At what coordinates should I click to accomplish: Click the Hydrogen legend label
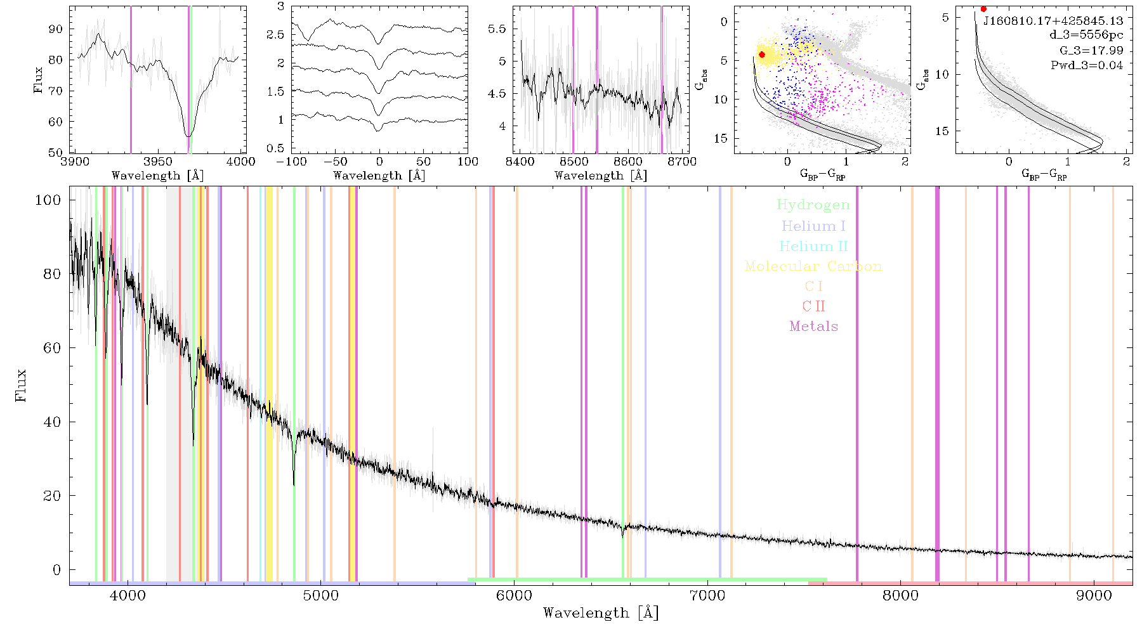pyautogui.click(x=813, y=205)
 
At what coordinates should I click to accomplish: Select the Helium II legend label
pyautogui.click(x=813, y=246)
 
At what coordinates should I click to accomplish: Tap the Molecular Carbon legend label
pyautogui.click(x=813, y=266)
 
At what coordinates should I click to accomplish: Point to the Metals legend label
pyautogui.click(x=814, y=327)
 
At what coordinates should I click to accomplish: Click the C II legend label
pyautogui.click(x=814, y=306)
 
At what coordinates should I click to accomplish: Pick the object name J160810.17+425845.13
pyautogui.click(x=1053, y=21)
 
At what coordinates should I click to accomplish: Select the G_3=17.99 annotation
pyautogui.click(x=1091, y=50)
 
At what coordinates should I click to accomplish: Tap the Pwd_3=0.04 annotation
pyautogui.click(x=1087, y=65)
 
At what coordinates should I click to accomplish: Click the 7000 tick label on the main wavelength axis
pyautogui.click(x=707, y=595)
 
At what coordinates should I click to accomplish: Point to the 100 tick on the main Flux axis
pyautogui.click(x=48, y=200)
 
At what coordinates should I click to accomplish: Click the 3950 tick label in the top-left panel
pyautogui.click(x=158, y=162)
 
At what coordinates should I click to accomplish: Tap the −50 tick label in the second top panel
pyautogui.click(x=334, y=162)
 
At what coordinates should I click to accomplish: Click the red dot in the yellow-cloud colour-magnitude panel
pyautogui.click(x=762, y=55)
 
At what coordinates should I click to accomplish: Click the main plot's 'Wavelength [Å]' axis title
pyautogui.click(x=601, y=613)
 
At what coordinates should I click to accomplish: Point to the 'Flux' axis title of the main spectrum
pyautogui.click(x=22, y=385)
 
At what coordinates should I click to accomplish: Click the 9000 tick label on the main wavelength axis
pyautogui.click(x=1094, y=595)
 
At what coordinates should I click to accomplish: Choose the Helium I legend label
pyautogui.click(x=813, y=226)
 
